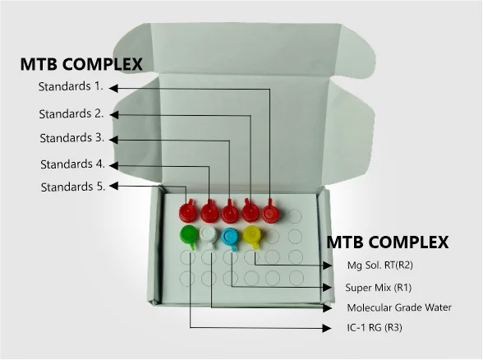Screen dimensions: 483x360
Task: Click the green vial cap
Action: click(189, 235)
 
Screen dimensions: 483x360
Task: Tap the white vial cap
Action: click(209, 236)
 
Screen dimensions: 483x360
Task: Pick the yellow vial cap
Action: click(252, 235)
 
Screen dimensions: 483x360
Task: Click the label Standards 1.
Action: click(71, 86)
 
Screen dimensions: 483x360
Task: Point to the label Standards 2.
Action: click(71, 113)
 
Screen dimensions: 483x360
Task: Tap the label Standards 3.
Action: click(72, 138)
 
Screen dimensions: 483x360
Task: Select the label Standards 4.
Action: click(72, 164)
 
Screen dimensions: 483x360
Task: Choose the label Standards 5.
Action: click(73, 187)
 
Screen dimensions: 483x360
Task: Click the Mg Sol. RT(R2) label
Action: click(379, 265)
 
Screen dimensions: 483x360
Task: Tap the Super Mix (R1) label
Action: click(378, 288)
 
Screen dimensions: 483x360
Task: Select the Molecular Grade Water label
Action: click(399, 307)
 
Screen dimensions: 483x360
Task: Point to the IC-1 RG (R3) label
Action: click(375, 327)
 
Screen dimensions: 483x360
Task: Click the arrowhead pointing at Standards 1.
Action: click(113, 88)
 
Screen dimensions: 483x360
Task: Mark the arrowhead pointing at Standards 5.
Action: click(113, 186)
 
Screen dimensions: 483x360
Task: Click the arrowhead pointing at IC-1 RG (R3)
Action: click(327, 328)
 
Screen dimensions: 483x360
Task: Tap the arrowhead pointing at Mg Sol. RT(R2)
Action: click(327, 265)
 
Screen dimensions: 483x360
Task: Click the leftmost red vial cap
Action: click(187, 211)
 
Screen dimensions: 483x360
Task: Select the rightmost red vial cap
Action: click(270, 212)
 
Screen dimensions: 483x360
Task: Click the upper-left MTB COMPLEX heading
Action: click(81, 64)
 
